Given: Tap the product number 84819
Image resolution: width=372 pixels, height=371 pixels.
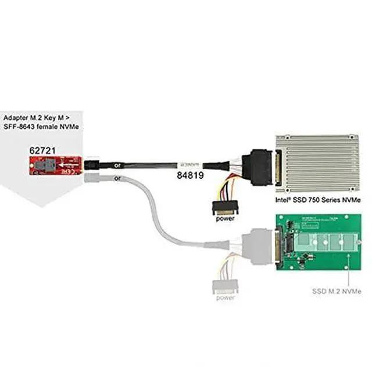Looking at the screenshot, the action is coord(189,174).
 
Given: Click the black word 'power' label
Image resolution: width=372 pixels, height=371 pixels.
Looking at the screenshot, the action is coord(225,219).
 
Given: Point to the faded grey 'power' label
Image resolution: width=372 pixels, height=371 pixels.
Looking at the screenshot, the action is coord(225,297).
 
